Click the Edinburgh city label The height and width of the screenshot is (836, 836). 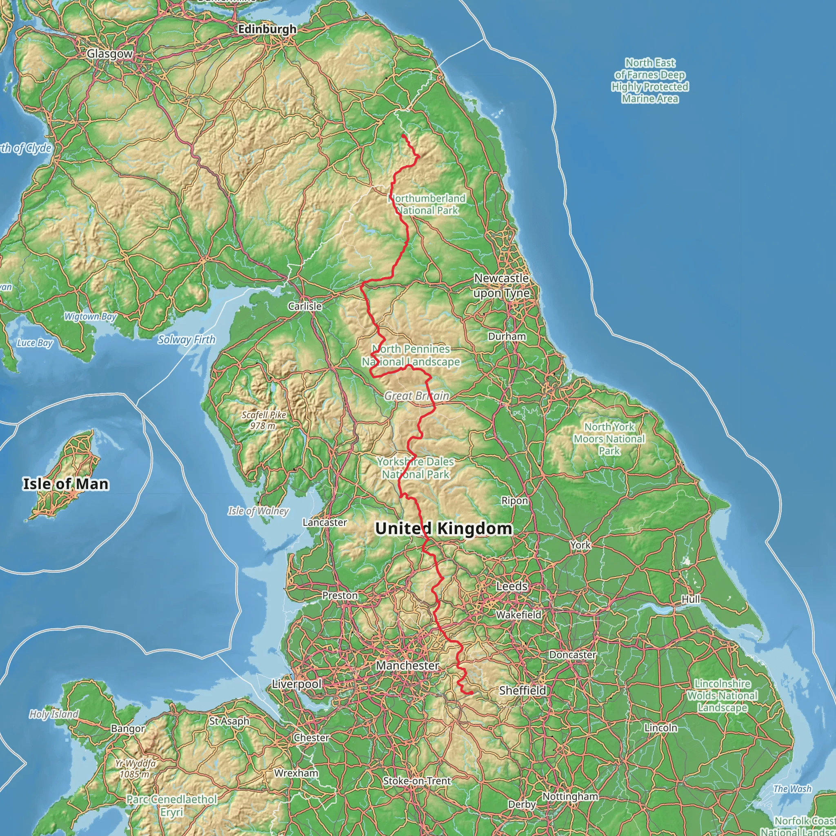click(x=267, y=29)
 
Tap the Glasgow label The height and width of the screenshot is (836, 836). click(x=109, y=53)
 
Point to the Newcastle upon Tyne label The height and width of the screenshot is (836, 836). click(x=501, y=286)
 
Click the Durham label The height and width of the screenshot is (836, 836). click(x=507, y=336)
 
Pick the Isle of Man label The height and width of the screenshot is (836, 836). click(x=66, y=484)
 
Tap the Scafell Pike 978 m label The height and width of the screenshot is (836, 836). click(x=264, y=420)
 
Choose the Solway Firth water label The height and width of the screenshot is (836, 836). click(x=186, y=340)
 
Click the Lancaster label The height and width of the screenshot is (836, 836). click(x=325, y=522)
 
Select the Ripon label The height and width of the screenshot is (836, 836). click(x=514, y=500)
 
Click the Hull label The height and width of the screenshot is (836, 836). click(x=691, y=599)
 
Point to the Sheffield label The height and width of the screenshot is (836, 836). click(x=522, y=690)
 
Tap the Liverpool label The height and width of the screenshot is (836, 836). click(x=297, y=684)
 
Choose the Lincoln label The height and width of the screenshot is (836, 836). click(x=661, y=728)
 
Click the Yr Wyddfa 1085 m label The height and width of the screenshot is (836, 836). click(x=135, y=769)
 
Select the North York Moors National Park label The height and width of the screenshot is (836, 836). click(x=609, y=439)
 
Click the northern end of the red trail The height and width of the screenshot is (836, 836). click(x=403, y=136)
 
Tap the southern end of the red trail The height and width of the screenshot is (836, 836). click(x=471, y=693)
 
